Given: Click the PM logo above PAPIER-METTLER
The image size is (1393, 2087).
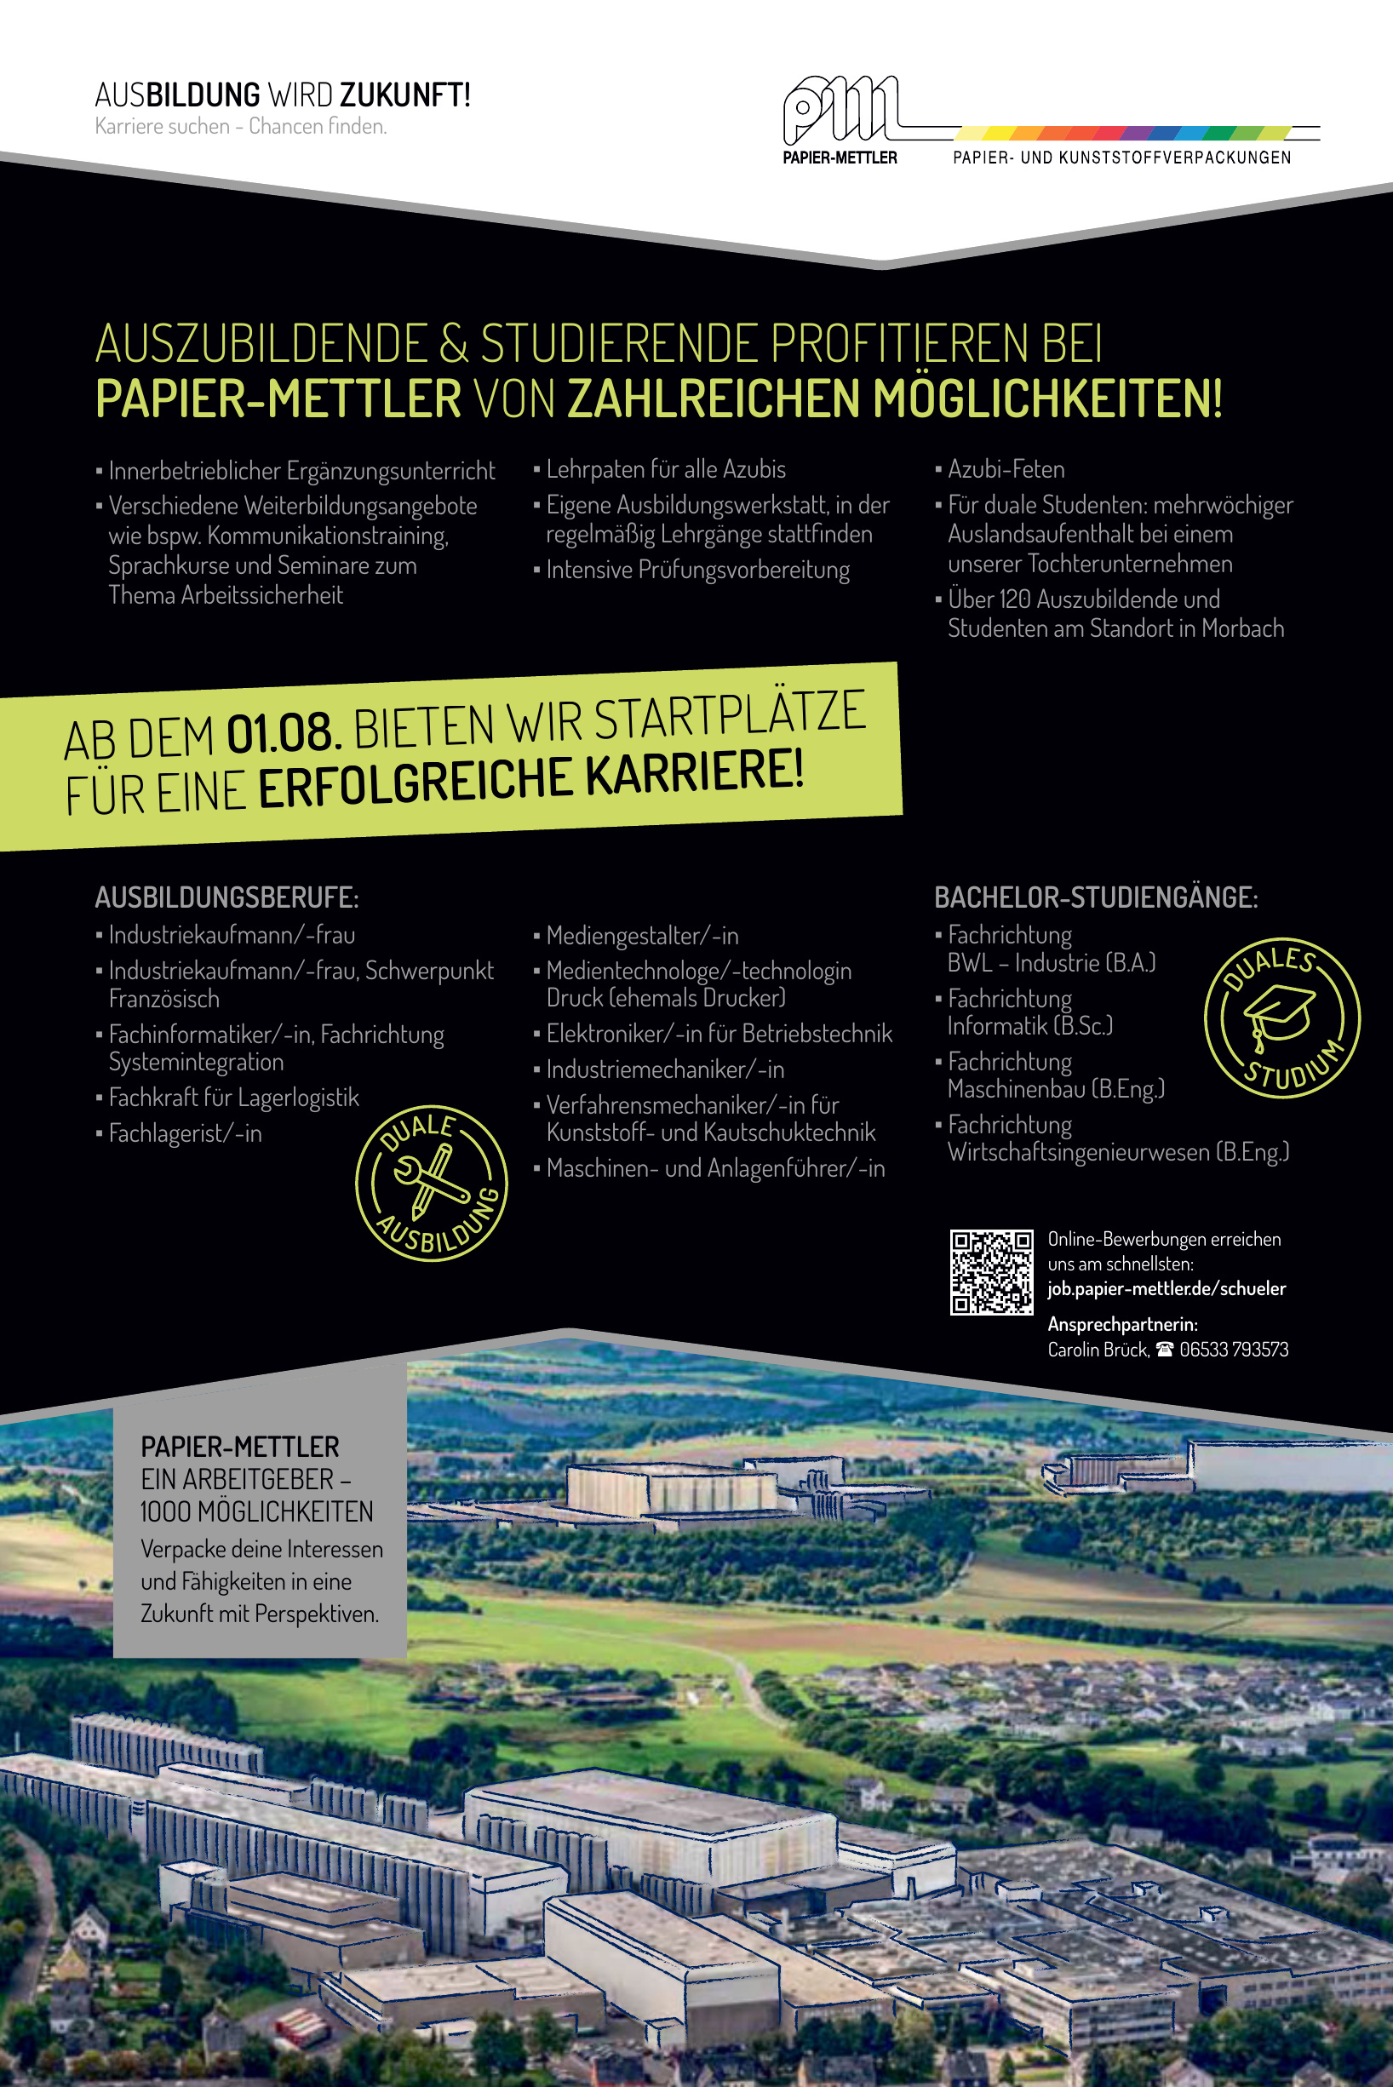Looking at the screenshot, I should coord(840,110).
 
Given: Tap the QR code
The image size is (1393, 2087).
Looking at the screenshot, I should coord(990,1271).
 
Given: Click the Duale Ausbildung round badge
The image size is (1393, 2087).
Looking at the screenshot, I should coord(432,1183).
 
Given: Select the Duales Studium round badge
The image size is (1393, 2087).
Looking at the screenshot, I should coord(1281,1018).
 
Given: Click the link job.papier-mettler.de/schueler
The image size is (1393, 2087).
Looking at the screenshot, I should coord(1166,1288).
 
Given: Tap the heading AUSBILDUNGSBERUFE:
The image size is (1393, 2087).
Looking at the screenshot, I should coord(226,897).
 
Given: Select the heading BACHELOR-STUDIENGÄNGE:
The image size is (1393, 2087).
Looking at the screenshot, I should coord(1095,897).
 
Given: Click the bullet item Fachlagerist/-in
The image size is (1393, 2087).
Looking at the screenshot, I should coord(185,1133).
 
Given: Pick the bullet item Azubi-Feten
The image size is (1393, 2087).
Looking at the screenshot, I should coord(1006,469).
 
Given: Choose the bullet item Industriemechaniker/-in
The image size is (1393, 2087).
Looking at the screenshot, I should coord(664,1069).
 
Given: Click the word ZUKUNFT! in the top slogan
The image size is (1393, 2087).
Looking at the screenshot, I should coord(404,95).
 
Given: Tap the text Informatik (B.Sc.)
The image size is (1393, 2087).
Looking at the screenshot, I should coord(1029,1026).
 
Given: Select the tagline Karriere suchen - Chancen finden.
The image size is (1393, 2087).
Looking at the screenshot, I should coord(241,126).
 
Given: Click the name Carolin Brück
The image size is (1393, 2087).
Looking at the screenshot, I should coord(1098,1350).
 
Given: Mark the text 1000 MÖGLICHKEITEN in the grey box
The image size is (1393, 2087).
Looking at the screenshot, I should coord(257,1511).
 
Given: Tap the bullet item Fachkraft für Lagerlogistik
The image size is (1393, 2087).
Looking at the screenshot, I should coord(233,1098).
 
